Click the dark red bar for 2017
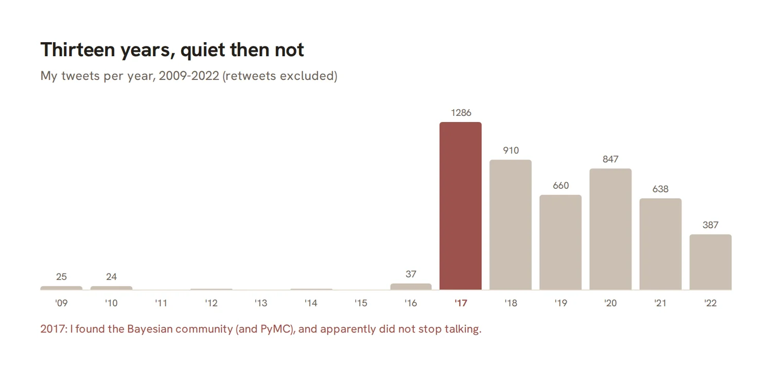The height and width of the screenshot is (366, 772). pyautogui.click(x=461, y=206)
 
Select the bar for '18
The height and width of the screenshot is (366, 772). pyautogui.click(x=511, y=225)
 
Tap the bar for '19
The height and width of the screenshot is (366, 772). pyautogui.click(x=560, y=242)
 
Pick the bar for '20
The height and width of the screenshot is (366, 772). pyautogui.click(x=610, y=229)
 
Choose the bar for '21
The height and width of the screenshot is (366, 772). pyautogui.click(x=660, y=244)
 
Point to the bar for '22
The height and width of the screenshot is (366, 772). pyautogui.click(x=710, y=262)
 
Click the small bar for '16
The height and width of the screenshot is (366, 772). pyautogui.click(x=411, y=287)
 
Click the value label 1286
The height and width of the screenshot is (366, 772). pyautogui.click(x=461, y=113)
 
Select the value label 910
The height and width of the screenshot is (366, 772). pyautogui.click(x=511, y=150)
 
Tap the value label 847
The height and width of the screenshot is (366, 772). pyautogui.click(x=610, y=159)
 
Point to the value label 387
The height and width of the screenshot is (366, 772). pyautogui.click(x=710, y=225)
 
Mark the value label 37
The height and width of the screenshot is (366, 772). pyautogui.click(x=411, y=274)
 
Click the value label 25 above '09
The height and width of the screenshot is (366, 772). pyautogui.click(x=61, y=277)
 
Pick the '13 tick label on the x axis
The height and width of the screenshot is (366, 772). pyautogui.click(x=261, y=303)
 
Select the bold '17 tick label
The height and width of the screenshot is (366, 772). pyautogui.click(x=461, y=303)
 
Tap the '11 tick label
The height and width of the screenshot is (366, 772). pyautogui.click(x=161, y=303)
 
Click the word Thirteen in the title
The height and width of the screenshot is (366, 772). pyautogui.click(x=78, y=49)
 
